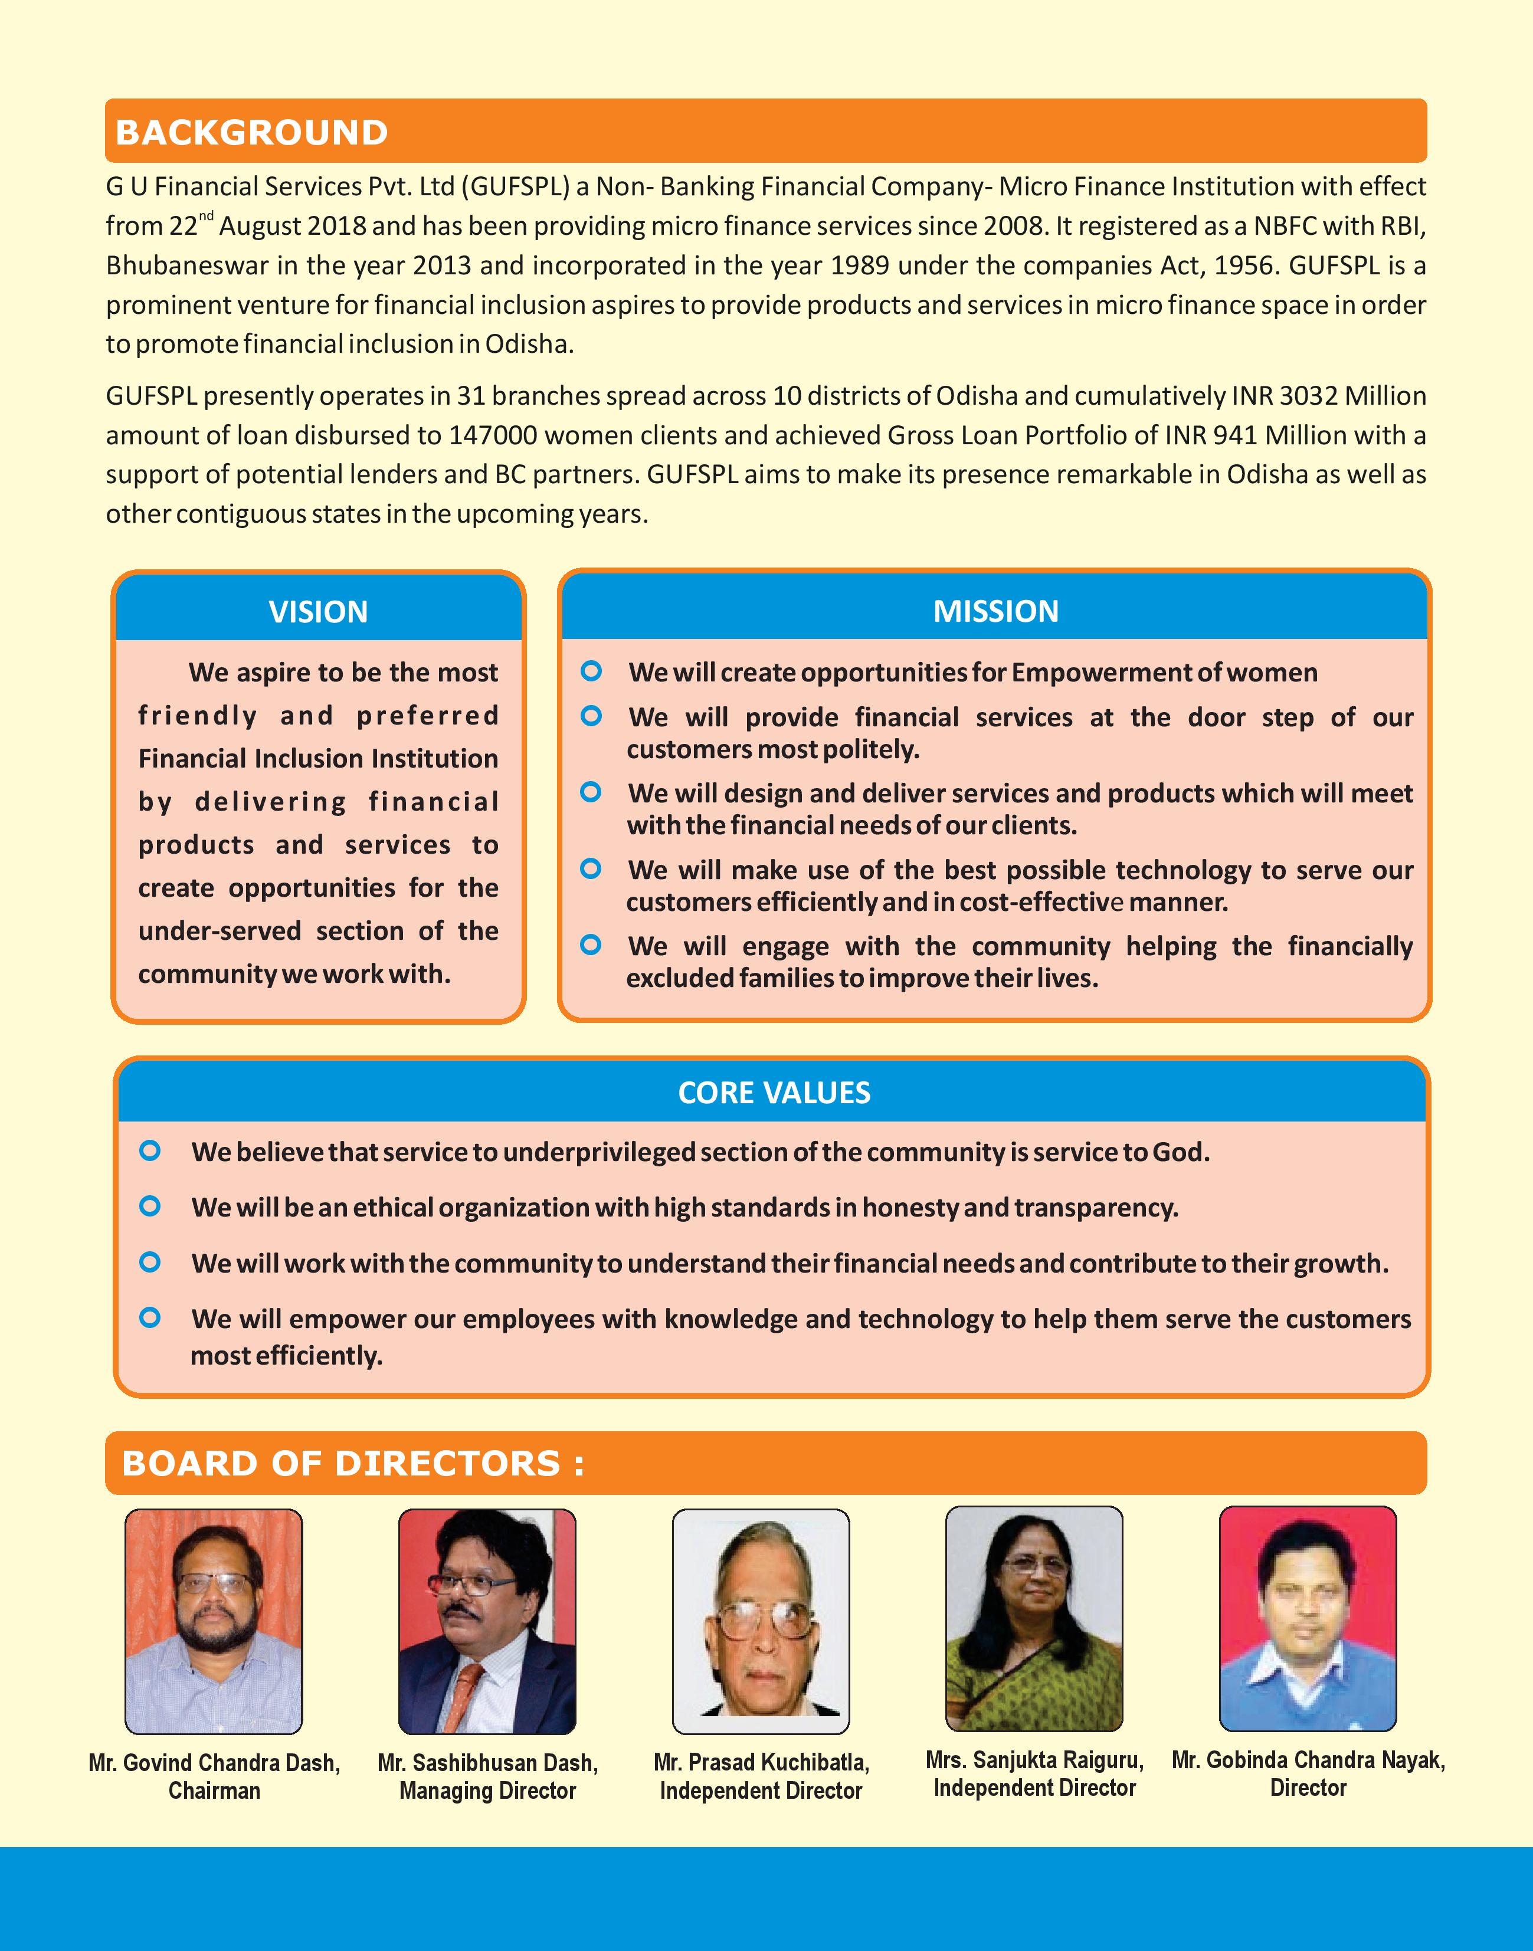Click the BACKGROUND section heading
pos(251,132)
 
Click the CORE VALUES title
pos(774,1092)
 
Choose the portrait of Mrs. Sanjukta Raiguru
pos(1034,1618)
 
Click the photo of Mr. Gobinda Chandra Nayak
pos(1308,1618)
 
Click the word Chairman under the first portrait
pos(214,1791)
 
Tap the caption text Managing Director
pos(487,1791)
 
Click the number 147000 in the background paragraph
pos(493,435)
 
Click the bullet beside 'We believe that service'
pos(151,1150)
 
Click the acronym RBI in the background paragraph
pos(1401,225)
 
